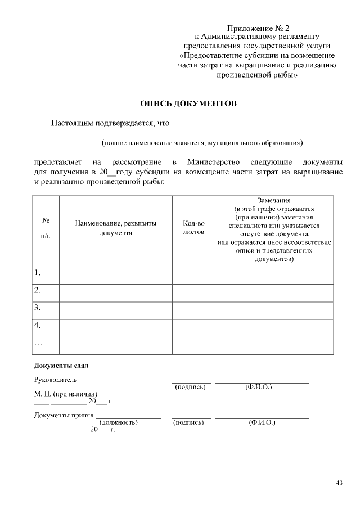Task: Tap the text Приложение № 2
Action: coord(257,28)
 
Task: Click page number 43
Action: coord(339,483)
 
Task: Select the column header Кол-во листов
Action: coord(193,228)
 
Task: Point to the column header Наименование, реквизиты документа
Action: coord(116,228)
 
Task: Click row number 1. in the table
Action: coord(38,273)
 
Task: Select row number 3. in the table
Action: coord(38,308)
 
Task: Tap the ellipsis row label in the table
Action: coord(38,343)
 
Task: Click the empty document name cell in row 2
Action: coord(116,291)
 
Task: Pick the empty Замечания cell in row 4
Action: coord(274,326)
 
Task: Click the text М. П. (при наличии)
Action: coord(66,394)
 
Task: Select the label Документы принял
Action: coord(64,415)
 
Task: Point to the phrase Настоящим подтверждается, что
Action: coord(110,123)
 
